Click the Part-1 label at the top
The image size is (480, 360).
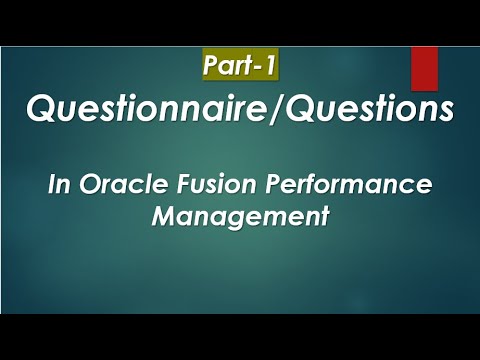pyautogui.click(x=239, y=66)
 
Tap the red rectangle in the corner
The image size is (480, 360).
pyautogui.click(x=424, y=67)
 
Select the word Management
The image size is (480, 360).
pyautogui.click(x=240, y=215)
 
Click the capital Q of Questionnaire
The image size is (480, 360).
pyautogui.click(x=41, y=110)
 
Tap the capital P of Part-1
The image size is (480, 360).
pyautogui.click(x=211, y=66)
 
